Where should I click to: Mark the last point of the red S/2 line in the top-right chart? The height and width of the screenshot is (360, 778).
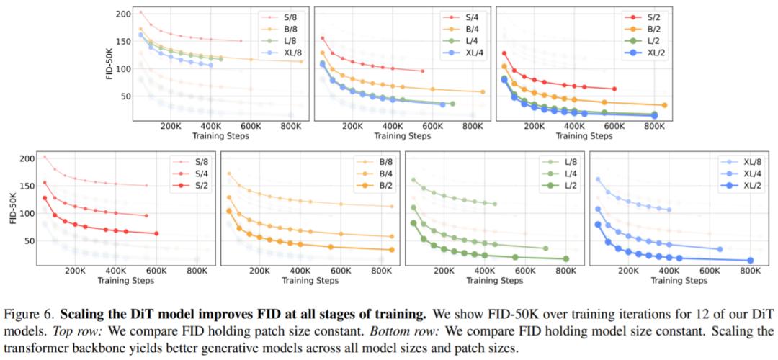coord(614,89)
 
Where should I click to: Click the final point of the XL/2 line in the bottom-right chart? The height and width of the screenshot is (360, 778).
coord(750,260)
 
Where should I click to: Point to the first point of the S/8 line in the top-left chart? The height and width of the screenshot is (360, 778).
coord(140,12)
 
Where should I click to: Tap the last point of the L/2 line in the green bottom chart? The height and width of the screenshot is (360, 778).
coord(566,258)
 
